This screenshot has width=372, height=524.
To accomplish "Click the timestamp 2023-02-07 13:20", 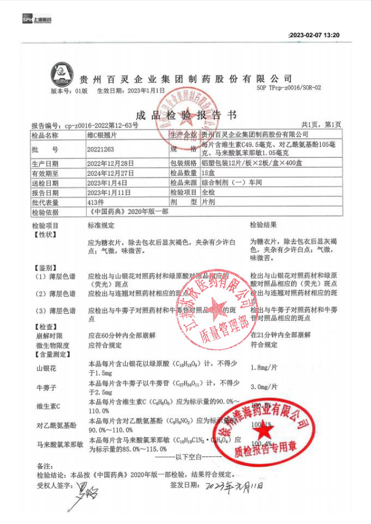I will click(314, 35).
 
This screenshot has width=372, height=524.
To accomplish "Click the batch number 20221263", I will click(101, 148).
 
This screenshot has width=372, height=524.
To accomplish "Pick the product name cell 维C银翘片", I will click(102, 134).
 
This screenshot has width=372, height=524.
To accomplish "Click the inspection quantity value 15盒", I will click(208, 172).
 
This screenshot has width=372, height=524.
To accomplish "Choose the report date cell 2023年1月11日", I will click(110, 192).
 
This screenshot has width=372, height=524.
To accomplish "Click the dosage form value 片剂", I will click(208, 202).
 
